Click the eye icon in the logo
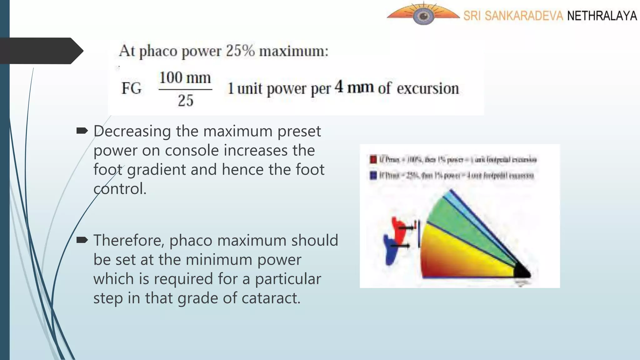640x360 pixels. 423,16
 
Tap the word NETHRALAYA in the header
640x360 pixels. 602,16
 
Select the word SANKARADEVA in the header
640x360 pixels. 524,16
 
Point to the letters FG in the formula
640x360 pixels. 132,88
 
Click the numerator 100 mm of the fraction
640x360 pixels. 185,78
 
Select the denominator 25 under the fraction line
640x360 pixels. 186,101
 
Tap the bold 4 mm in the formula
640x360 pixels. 354,87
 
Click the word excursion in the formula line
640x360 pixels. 428,88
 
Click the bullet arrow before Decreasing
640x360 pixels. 82,131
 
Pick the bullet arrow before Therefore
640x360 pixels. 82,240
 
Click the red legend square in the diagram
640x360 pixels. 373,159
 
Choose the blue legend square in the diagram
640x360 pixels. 373,175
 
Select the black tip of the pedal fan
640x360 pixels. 522,271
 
